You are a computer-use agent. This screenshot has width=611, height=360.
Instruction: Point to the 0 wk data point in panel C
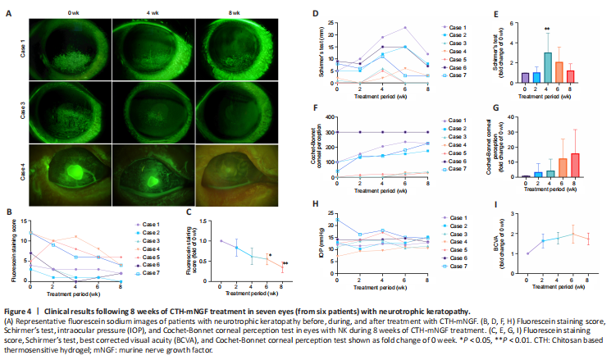pyautogui.click(x=221, y=241)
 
